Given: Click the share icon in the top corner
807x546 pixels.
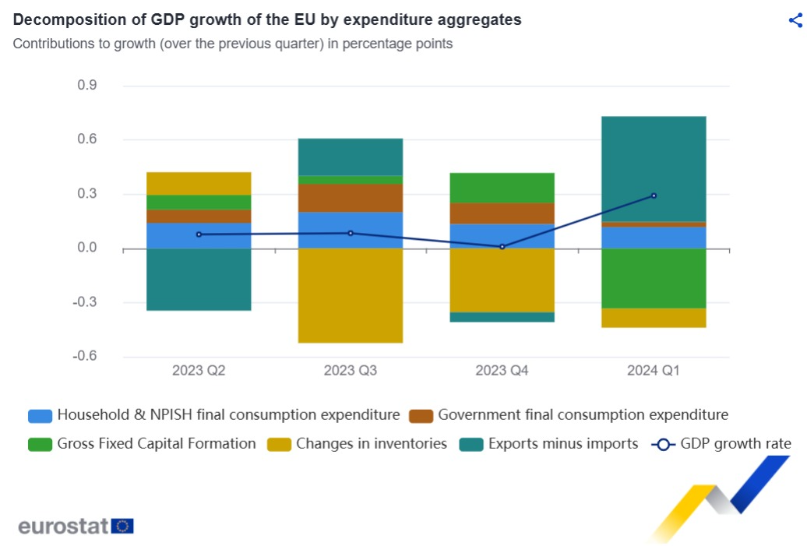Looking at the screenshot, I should point(795,20).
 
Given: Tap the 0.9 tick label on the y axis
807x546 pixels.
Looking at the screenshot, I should point(86,86).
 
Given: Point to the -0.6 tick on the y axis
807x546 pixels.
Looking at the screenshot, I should point(84,357).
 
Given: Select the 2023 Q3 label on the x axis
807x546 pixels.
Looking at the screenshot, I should point(350,371).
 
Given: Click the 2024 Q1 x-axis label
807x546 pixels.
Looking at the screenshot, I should point(653,371).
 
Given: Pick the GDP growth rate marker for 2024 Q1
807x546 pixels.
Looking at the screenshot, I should point(654,196).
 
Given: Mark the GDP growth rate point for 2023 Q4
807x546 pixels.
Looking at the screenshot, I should point(502,247).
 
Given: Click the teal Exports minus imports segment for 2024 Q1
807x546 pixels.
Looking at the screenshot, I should point(654,168).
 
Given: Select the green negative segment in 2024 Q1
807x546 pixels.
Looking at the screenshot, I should point(654,278).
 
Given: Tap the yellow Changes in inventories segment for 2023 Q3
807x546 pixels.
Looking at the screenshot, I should point(350,295).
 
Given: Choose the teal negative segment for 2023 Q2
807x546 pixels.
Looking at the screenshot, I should point(199,280).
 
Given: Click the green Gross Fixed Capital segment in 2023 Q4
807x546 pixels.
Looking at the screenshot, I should point(502,188).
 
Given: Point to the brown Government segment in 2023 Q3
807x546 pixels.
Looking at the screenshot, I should point(350,198).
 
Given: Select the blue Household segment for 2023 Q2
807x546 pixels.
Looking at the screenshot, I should point(199,236).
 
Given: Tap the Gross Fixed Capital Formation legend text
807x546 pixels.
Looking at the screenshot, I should point(156,444).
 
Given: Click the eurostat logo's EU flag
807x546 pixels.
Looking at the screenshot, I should point(122,527).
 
